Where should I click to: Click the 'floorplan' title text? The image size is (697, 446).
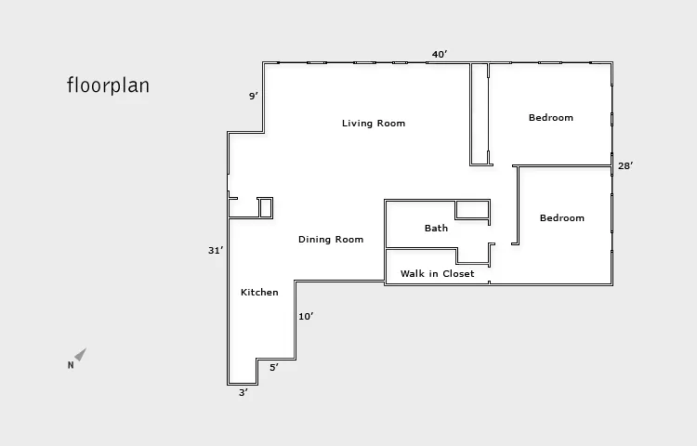(108, 85)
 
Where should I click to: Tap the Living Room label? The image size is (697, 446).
(374, 124)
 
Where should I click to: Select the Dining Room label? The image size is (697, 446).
(331, 240)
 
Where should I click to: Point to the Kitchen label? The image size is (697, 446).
(259, 293)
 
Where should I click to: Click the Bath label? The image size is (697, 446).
(436, 229)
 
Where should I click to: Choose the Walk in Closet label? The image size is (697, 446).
(437, 274)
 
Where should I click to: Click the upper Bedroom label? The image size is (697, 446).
(551, 118)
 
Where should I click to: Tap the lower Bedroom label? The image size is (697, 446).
(562, 218)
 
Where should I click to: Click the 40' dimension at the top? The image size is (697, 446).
(440, 55)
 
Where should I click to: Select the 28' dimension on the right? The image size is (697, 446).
(625, 166)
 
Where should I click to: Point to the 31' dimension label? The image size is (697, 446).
(216, 251)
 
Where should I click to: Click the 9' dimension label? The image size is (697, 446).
(253, 97)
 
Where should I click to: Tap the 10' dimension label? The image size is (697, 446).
(306, 317)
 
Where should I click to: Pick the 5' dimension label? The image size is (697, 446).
(273, 368)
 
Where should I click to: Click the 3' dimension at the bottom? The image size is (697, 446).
(243, 393)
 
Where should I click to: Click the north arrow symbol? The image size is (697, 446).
(81, 354)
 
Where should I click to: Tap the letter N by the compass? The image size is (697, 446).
(71, 366)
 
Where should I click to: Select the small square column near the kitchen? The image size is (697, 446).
(265, 208)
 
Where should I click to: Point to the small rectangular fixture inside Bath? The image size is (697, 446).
(472, 209)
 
